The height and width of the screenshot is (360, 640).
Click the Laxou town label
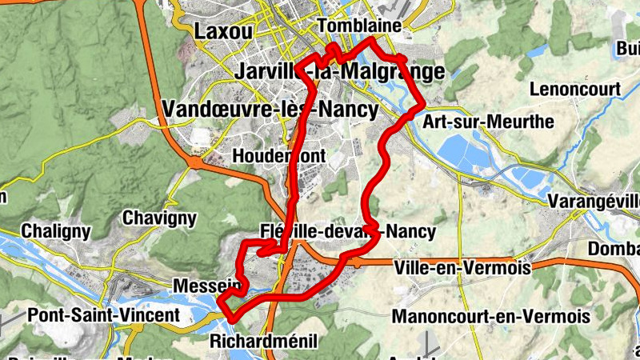pos(223,31)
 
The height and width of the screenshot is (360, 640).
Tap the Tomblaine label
pos(358,26)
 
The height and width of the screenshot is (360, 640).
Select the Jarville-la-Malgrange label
pos(340,72)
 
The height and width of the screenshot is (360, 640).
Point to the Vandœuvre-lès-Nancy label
pos(269,109)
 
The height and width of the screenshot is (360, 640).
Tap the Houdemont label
pos(278,154)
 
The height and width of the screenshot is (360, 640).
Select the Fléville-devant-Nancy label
pos(348,232)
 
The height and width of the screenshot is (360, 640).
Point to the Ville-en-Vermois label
pos(462,268)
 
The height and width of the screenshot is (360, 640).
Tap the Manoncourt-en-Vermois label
pos(491,316)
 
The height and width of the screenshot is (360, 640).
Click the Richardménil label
pos(263,342)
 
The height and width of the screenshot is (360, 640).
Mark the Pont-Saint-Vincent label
pos(104,315)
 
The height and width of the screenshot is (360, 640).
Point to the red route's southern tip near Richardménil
pos(232,318)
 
